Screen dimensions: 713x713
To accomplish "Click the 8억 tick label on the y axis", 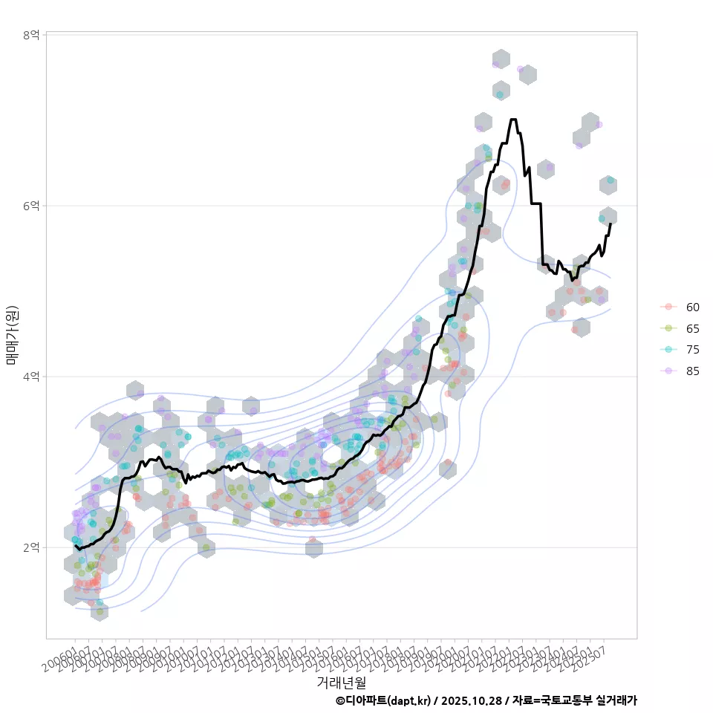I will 30,35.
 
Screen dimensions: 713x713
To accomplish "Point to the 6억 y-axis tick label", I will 30,206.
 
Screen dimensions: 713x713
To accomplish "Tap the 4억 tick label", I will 30,377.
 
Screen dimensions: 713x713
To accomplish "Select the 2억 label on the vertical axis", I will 30,547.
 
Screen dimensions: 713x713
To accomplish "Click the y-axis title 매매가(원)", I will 12,334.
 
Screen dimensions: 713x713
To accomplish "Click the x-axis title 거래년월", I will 341,682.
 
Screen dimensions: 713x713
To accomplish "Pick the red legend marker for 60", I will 668,307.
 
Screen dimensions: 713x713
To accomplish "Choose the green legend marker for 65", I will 668,328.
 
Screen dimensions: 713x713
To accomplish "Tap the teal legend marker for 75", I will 668,350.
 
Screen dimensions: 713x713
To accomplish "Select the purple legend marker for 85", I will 668,371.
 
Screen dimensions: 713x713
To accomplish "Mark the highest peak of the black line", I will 513,120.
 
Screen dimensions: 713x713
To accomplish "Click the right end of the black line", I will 611,223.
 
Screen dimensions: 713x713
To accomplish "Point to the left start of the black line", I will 76,546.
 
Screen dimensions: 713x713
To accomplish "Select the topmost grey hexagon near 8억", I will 501,59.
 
